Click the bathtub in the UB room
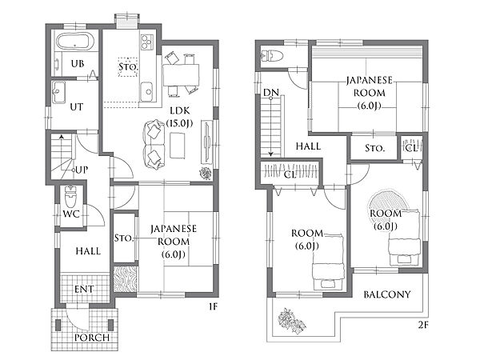click(75, 42)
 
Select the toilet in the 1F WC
click(70, 196)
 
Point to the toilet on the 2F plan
click(272, 55)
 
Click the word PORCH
click(92, 338)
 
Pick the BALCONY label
click(387, 294)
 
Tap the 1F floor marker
click(213, 306)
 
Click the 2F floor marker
click(422, 326)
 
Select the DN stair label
click(271, 92)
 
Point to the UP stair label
click(82, 170)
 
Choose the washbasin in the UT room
click(58, 92)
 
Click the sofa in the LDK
click(154, 145)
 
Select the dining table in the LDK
click(181, 75)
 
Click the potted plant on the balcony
click(291, 319)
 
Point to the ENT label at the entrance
click(84, 289)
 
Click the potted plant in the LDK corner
click(206, 174)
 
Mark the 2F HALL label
click(308, 146)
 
